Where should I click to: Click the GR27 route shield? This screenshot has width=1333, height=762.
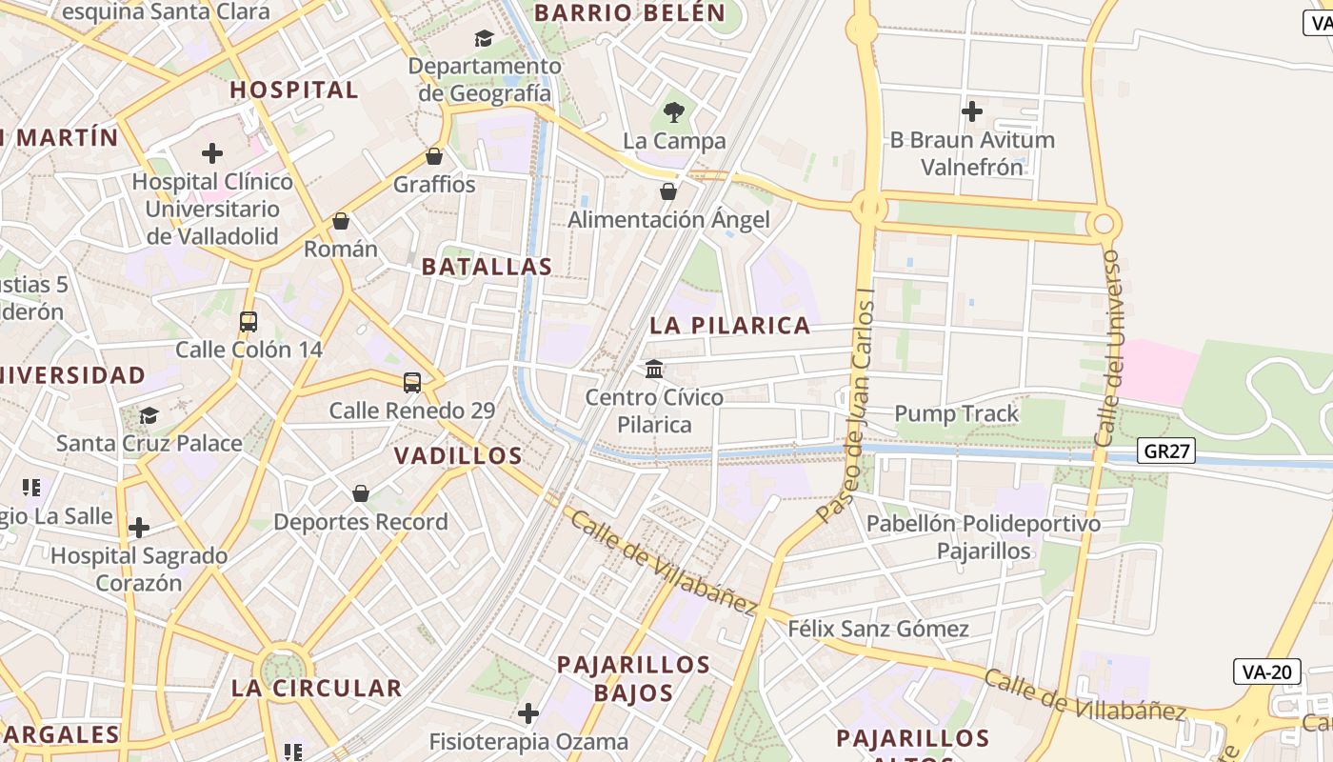click(x=1166, y=451)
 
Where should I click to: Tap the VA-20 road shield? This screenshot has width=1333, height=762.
click(x=1267, y=672)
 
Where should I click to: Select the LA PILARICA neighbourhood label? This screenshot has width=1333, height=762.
click(x=729, y=326)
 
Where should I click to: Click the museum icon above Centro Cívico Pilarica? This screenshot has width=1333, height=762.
click(x=654, y=369)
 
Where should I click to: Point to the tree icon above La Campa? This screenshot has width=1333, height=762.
click(x=674, y=112)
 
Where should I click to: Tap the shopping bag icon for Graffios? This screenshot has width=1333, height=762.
click(x=434, y=156)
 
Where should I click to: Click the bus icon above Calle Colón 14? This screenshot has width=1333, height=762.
click(x=249, y=322)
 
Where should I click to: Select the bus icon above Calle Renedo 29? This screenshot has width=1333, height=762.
click(x=412, y=383)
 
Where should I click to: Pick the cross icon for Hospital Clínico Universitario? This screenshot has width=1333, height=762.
click(x=212, y=153)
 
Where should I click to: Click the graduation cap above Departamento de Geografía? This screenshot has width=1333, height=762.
click(x=485, y=39)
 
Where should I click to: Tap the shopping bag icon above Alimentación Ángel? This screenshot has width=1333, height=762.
click(x=668, y=191)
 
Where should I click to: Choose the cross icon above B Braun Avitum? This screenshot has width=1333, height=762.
click(x=971, y=111)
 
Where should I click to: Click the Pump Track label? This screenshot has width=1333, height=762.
click(x=956, y=413)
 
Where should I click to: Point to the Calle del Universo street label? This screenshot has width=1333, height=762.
click(x=1108, y=348)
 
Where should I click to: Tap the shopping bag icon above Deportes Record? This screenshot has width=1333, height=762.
click(x=361, y=493)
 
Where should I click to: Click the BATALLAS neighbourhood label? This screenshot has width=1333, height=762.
click(x=487, y=267)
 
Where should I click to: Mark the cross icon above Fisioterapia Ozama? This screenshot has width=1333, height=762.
click(x=528, y=713)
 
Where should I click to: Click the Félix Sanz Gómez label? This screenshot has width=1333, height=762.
click(x=878, y=629)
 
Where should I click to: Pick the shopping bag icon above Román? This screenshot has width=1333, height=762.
click(x=341, y=222)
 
